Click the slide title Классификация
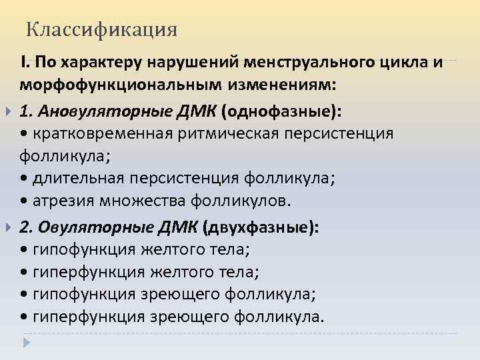click(102, 30)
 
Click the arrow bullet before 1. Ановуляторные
click(9, 110)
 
